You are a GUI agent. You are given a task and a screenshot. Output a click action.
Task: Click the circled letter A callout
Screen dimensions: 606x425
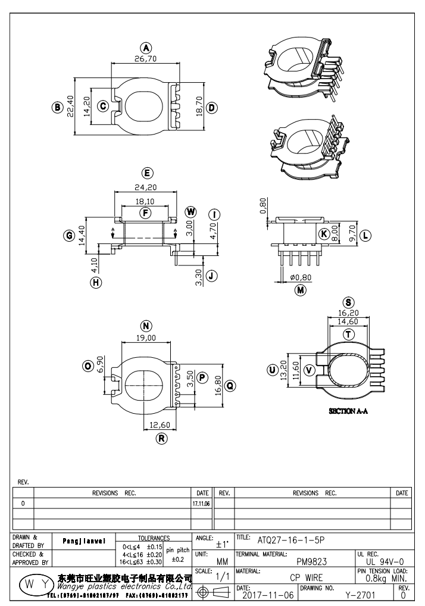pos(146,48)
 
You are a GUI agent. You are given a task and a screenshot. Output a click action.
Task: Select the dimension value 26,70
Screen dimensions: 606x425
pos(146,59)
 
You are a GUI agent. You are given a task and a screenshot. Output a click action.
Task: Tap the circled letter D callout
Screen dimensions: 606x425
pos(211,108)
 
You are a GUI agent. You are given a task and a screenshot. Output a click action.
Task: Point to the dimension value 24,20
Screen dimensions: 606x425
pos(146,187)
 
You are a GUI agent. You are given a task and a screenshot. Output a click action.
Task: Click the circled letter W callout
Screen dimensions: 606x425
pos(190,212)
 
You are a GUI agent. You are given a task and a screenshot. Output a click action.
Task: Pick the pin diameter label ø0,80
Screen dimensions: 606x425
pos(300,277)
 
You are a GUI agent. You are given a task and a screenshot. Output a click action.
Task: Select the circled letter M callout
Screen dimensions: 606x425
pos(301,290)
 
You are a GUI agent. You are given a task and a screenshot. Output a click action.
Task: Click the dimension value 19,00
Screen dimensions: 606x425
pos(146,338)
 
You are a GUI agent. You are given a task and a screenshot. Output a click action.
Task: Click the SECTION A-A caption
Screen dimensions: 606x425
pos(348,411)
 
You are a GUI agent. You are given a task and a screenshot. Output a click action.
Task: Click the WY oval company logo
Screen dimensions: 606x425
pos(33,583)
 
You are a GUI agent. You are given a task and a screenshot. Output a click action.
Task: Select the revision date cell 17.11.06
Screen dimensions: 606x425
pos(200,504)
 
